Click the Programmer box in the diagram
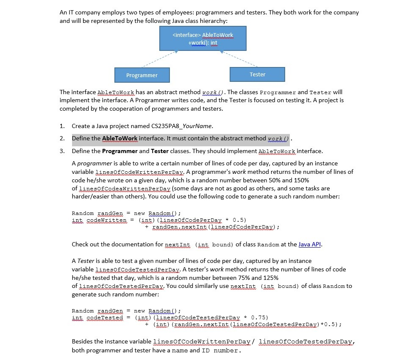point(142,75)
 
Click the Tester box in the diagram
point(257,74)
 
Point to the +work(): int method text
point(203,43)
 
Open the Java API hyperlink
point(310,244)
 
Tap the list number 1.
point(62,126)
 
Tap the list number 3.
point(62,151)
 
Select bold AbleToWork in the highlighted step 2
point(120,138)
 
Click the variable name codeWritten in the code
point(106,220)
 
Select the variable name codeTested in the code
point(105,318)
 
